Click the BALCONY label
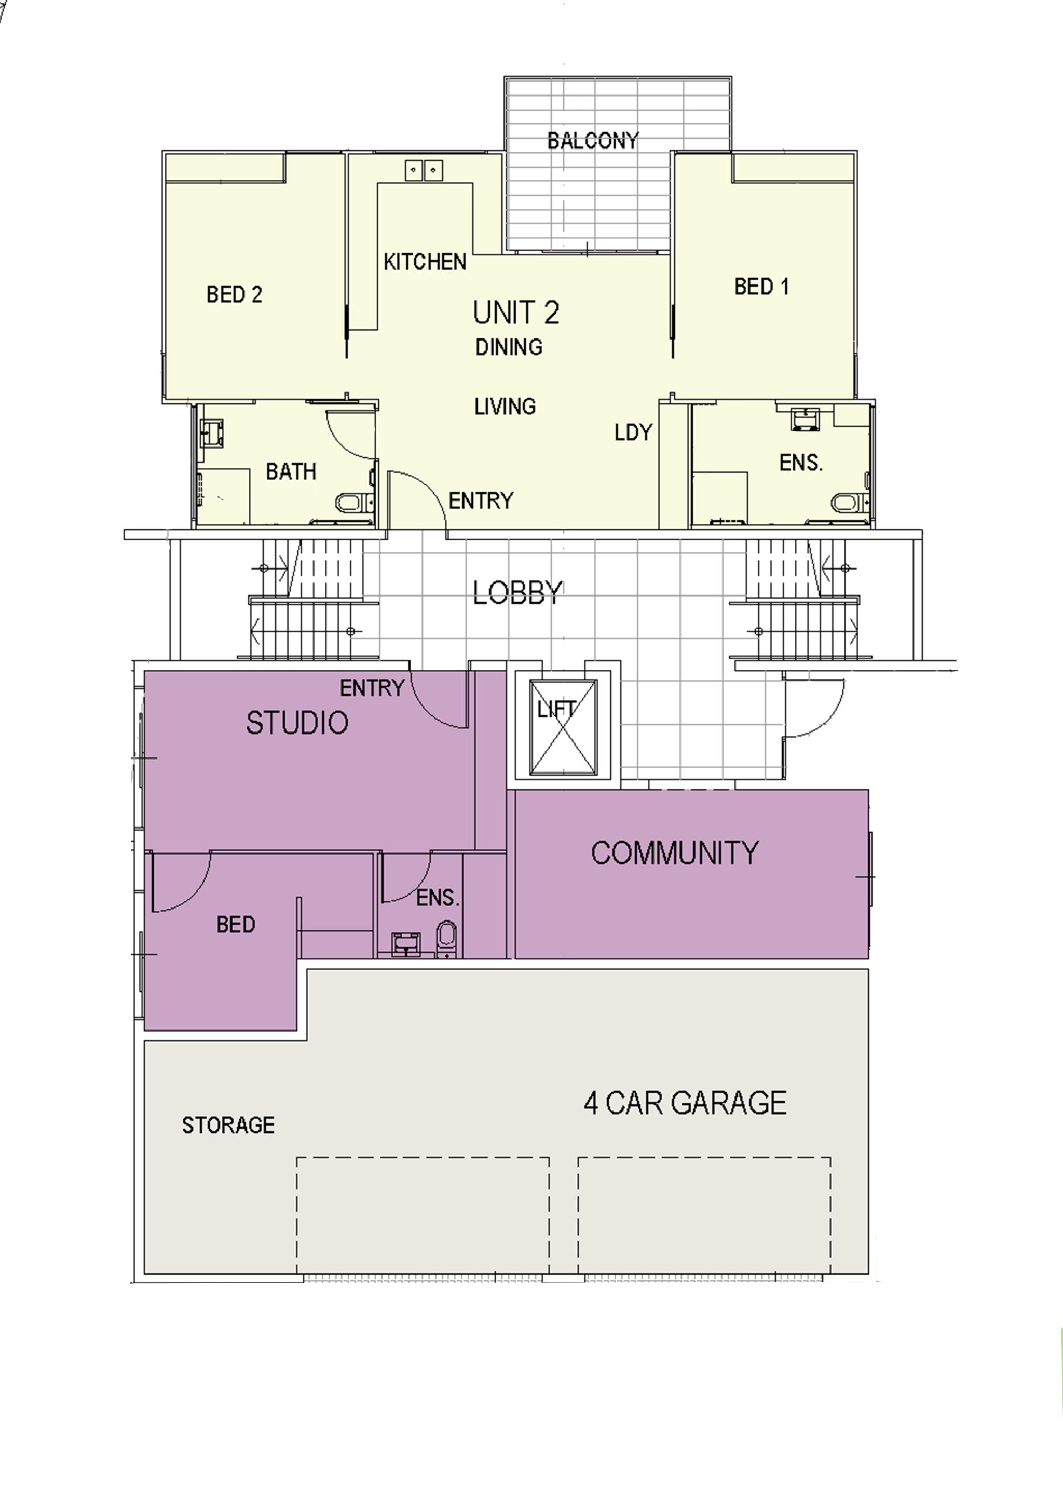point(593,140)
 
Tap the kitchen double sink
point(423,170)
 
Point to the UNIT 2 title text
point(516,313)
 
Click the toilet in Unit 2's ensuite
point(850,503)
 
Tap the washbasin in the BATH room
point(212,433)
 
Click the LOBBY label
point(517,593)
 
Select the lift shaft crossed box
point(563,727)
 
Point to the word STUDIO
point(297,723)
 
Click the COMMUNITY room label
point(675,852)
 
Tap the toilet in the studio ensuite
point(447,939)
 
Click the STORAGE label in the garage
point(228,1124)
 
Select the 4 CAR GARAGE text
point(685,1103)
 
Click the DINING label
point(509,346)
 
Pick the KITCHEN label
point(425,262)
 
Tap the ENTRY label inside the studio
point(372,688)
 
